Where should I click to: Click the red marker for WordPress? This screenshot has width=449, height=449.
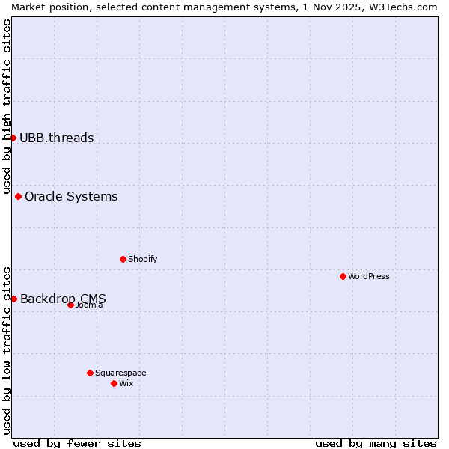[343, 276]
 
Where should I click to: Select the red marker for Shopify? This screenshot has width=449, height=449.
[123, 259]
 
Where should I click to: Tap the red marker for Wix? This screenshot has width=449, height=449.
[114, 383]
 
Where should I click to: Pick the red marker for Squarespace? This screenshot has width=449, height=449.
[90, 373]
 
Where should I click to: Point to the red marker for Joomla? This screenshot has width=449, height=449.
[70, 305]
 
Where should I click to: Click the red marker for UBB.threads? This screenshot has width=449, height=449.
[13, 138]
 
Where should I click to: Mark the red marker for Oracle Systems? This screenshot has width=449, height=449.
[18, 196]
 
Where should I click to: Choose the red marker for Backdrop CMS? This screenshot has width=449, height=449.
[13, 299]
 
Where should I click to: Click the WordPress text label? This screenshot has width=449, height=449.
[369, 276]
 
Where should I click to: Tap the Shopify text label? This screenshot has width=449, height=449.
[142, 259]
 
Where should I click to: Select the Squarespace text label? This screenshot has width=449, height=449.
[120, 373]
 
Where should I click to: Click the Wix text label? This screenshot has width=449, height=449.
[126, 383]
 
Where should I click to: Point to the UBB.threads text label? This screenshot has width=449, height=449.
[57, 138]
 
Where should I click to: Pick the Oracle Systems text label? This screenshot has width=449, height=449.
[71, 196]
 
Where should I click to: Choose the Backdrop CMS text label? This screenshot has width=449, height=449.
[63, 299]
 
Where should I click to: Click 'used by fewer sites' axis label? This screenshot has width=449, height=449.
[77, 443]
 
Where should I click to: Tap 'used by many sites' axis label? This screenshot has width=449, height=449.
[376, 443]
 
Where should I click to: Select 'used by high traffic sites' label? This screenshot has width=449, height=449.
[7, 106]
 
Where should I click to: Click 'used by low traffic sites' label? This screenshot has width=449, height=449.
[7, 350]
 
